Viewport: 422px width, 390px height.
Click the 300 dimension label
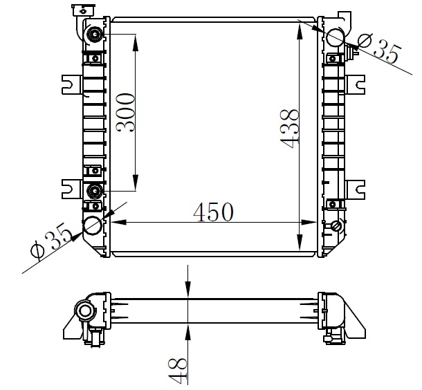[125, 113]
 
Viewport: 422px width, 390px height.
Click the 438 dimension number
[289, 129]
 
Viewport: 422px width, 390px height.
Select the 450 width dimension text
[214, 212]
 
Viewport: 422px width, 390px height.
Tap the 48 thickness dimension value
[178, 371]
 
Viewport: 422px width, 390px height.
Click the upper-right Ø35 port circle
[335, 37]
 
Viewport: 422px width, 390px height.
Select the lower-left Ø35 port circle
[93, 226]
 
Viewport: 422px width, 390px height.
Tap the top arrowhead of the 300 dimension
[136, 42]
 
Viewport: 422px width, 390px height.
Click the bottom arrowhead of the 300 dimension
[136, 183]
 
